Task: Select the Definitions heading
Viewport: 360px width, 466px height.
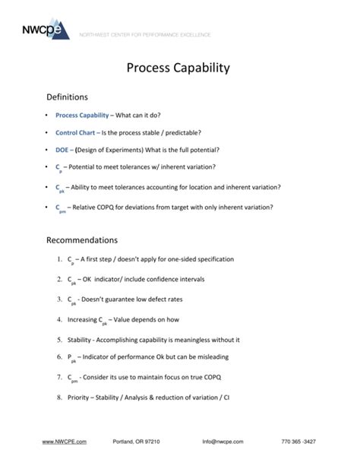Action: click(x=68, y=97)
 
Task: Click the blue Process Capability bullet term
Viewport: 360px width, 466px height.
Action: click(x=82, y=115)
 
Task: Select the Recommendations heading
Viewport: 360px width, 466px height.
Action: click(x=82, y=240)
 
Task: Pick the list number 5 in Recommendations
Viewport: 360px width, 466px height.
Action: click(x=58, y=339)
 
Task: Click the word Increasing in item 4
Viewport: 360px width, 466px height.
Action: click(x=83, y=319)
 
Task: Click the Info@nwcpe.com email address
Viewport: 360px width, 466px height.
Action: click(x=223, y=442)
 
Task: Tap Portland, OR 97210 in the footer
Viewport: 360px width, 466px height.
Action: click(x=137, y=442)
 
